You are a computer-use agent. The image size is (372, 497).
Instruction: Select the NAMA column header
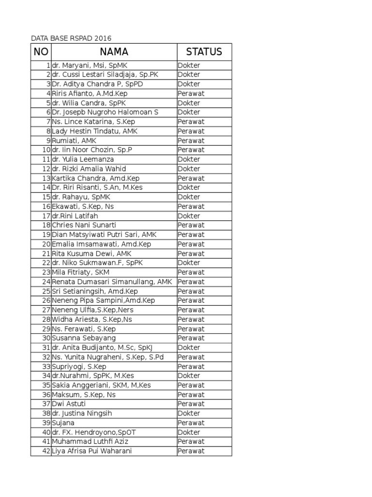click(x=114, y=52)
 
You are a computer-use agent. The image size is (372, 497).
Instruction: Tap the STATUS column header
click(x=204, y=52)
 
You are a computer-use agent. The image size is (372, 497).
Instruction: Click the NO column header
click(x=41, y=52)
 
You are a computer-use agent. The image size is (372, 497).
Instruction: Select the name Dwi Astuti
click(x=69, y=404)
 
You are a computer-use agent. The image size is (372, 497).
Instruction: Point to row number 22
click(x=46, y=263)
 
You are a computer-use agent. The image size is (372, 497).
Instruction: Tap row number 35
click(x=46, y=385)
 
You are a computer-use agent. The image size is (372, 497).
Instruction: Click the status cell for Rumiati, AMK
click(x=191, y=140)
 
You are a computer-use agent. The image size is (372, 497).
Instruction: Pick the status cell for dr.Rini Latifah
click(x=189, y=216)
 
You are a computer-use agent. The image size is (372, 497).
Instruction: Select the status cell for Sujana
click(x=191, y=423)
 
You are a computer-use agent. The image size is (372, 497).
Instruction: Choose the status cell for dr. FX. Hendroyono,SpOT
click(x=189, y=432)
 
